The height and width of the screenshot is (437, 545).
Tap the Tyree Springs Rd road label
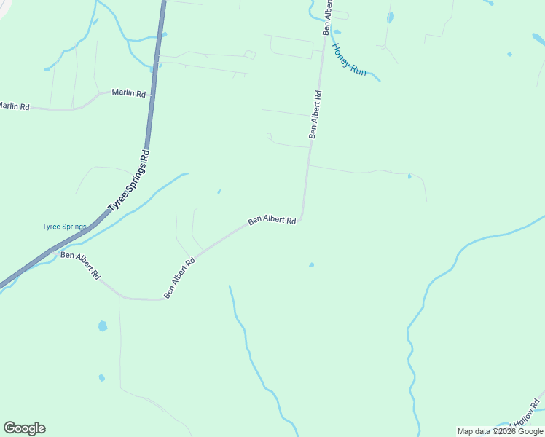[128, 181]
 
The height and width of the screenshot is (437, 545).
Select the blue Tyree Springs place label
[64, 227]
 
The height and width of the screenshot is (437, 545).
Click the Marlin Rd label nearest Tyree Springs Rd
[128, 93]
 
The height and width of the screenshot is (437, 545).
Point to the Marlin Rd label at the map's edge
[14, 106]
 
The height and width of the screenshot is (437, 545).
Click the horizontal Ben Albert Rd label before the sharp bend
[272, 219]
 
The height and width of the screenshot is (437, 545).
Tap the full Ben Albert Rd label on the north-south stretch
[315, 114]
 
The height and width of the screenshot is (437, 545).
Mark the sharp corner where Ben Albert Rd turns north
[301, 218]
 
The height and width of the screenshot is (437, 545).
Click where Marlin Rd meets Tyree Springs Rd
[151, 92]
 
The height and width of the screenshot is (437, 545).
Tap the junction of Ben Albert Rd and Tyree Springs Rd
[55, 250]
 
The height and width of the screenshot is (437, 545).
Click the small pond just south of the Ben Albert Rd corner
[311, 264]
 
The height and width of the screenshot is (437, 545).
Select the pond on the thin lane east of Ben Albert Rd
[409, 176]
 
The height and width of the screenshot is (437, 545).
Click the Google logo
[24, 428]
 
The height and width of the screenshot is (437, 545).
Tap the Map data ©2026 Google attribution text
[500, 431]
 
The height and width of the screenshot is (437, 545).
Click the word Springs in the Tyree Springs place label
[74, 227]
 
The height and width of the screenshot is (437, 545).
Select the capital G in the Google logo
[9, 428]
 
